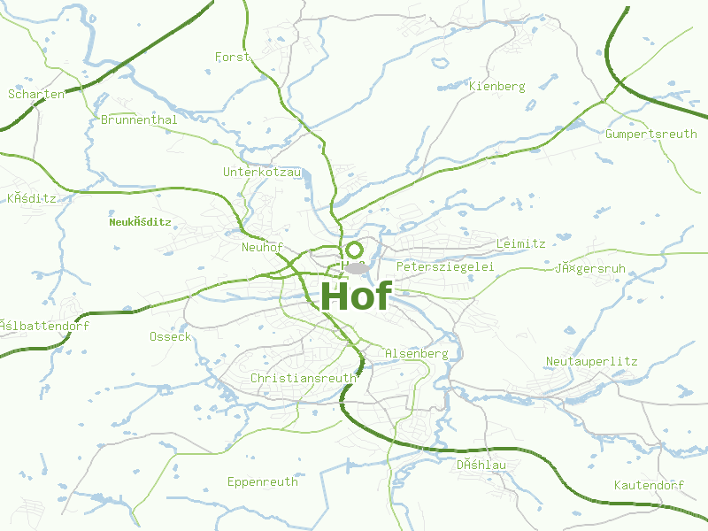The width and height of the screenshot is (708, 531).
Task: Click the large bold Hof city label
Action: click(356, 295)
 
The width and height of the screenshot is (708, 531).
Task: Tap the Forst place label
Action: click(233, 57)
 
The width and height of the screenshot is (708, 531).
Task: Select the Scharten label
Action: click(36, 94)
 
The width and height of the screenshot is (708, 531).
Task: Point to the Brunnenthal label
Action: click(139, 119)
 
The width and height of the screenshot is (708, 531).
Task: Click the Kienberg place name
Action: click(497, 87)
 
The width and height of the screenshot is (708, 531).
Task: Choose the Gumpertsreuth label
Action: click(651, 134)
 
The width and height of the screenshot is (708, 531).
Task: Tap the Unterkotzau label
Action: click(262, 172)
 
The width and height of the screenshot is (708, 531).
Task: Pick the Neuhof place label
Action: click(262, 248)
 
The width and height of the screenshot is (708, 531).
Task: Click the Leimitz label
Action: click(521, 243)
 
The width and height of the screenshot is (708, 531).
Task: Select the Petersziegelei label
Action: click(444, 266)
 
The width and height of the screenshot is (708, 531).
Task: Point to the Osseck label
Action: click(170, 336)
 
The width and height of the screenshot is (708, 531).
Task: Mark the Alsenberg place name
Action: click(417, 353)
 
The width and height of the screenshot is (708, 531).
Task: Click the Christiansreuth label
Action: click(304, 378)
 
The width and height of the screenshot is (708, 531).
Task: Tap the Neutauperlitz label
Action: click(591, 361)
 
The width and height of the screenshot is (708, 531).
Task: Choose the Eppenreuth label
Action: click(263, 482)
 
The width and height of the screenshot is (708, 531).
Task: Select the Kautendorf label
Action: click(650, 486)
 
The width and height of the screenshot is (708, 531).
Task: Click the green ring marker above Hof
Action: click(355, 250)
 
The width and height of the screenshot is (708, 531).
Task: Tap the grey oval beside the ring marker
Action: click(356, 267)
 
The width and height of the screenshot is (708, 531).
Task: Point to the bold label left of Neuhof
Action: click(140, 222)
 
